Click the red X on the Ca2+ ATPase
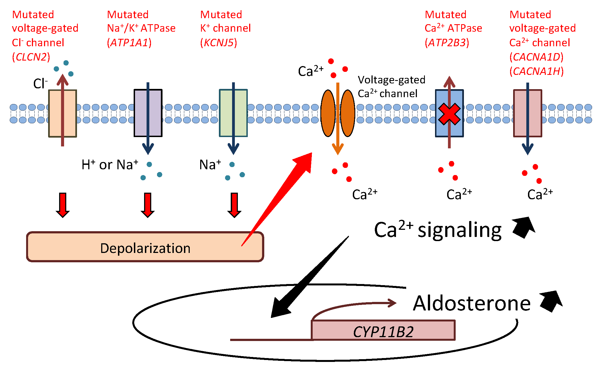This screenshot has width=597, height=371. [x=449, y=114]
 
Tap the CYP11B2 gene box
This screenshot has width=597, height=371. [x=383, y=330]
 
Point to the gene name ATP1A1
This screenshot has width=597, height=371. [x=129, y=43]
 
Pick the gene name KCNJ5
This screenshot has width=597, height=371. [x=219, y=43]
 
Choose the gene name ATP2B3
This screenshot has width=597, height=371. [x=447, y=43]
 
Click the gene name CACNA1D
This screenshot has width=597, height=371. [x=537, y=57]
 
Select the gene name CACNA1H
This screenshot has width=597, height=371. [x=537, y=71]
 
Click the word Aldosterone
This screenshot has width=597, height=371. [x=472, y=303]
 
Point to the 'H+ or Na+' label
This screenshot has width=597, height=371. [x=110, y=165]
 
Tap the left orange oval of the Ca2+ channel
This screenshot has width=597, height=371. [x=328, y=113]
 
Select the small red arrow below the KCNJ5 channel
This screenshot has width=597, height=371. [x=234, y=205]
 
